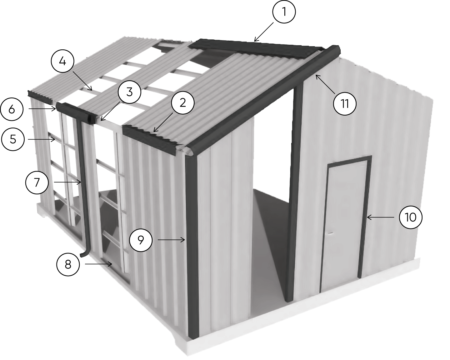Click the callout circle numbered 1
[284, 12]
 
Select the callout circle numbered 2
[183, 103]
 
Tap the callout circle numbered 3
[129, 92]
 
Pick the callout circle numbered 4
[62, 62]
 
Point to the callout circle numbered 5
[13, 139]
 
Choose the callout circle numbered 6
[12, 109]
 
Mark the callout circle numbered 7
[37, 182]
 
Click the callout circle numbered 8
[68, 264]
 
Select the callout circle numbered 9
[141, 240]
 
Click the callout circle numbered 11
[345, 103]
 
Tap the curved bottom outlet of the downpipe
[84, 254]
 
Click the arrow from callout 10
[382, 217]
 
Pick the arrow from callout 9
[172, 240]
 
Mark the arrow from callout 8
[98, 264]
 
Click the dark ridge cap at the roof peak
[256, 47]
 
